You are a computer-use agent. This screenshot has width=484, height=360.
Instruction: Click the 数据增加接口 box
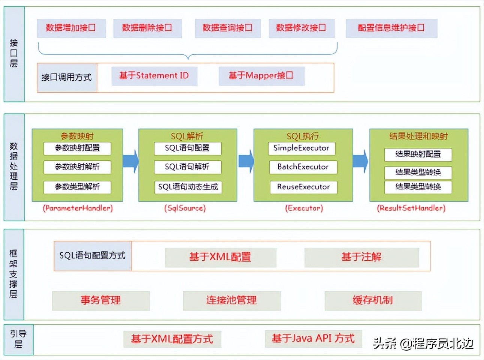point(71,28)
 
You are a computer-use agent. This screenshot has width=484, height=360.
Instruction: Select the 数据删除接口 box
point(147,28)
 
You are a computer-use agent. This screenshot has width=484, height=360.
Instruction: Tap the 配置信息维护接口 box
point(391,28)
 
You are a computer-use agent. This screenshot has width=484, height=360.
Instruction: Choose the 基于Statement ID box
point(154,76)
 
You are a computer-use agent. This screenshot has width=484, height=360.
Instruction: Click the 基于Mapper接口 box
point(261,76)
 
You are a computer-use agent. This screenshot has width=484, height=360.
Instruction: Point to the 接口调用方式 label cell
point(67,78)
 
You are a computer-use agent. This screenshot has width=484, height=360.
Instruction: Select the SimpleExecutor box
point(302,148)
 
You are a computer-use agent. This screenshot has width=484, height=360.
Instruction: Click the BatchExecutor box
point(303,167)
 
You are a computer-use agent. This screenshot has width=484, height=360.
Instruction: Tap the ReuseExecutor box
point(303,187)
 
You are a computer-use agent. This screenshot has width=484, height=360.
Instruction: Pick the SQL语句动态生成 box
point(188,187)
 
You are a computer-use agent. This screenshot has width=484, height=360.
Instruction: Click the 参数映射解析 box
point(77,167)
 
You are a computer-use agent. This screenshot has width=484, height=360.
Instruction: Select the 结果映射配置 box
point(418,154)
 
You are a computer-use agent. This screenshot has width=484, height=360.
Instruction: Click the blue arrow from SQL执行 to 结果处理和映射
point(361,161)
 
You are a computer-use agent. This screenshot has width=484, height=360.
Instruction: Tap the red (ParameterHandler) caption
point(78,208)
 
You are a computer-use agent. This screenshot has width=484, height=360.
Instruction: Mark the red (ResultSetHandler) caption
point(411,208)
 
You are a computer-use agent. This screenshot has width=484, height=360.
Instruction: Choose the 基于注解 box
point(362,257)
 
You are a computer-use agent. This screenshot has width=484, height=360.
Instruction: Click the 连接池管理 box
point(232,300)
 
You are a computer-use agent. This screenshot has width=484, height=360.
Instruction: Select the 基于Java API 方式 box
point(313,339)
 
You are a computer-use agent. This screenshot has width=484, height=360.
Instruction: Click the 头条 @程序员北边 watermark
point(423,343)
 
